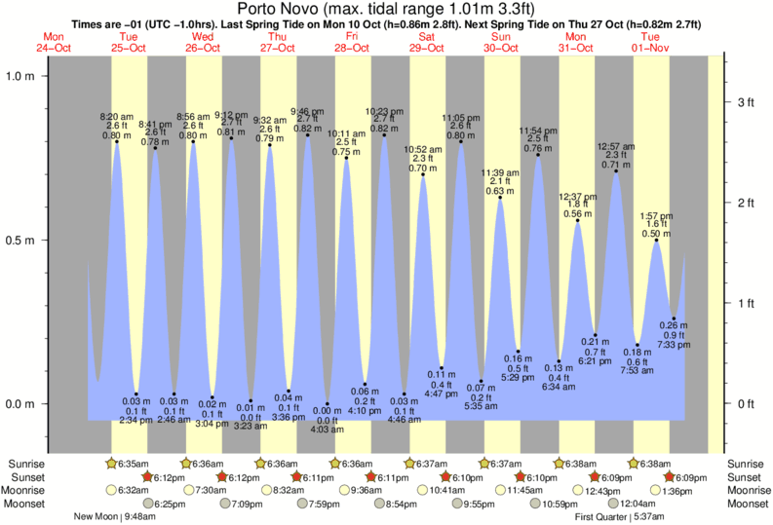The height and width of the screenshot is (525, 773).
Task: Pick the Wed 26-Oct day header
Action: tap(203, 42)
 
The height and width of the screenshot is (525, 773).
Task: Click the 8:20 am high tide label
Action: tap(116, 117)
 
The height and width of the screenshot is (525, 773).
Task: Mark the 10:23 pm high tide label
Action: tap(385, 111)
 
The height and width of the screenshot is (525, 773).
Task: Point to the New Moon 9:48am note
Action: tap(115, 517)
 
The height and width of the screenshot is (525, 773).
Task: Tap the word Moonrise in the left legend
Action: tap(29, 491)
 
